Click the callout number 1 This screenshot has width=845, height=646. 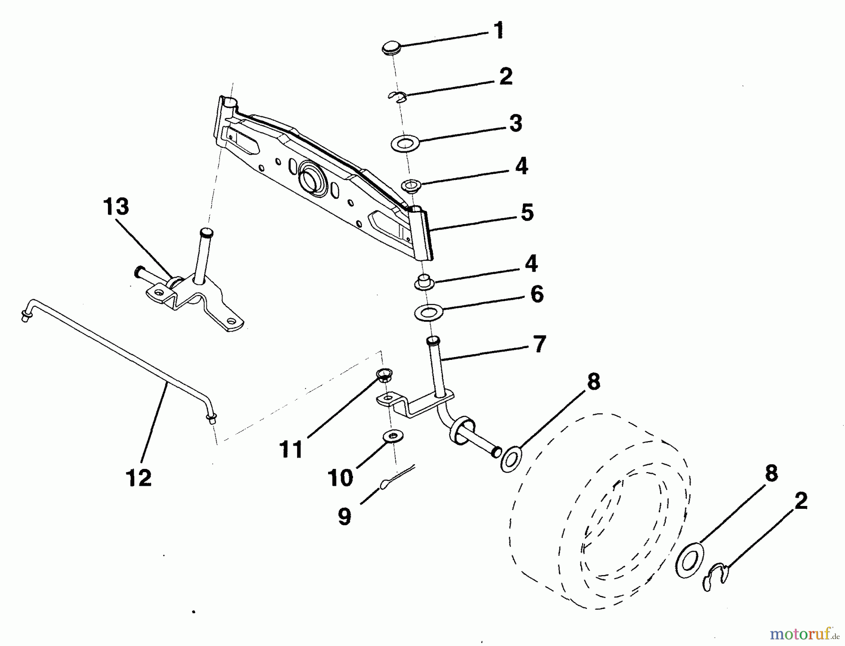(x=498, y=31)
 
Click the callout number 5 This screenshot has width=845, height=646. (x=527, y=212)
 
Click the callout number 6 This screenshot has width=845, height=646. (x=537, y=294)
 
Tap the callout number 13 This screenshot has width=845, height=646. (x=116, y=206)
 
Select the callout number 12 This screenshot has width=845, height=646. (x=139, y=478)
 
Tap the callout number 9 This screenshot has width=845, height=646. (x=345, y=517)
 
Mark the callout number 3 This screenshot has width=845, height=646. (x=515, y=124)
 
